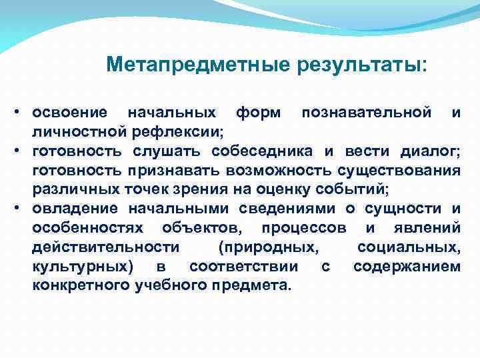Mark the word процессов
pos(304,228)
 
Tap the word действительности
pos(105,248)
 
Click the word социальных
pos(408,248)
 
